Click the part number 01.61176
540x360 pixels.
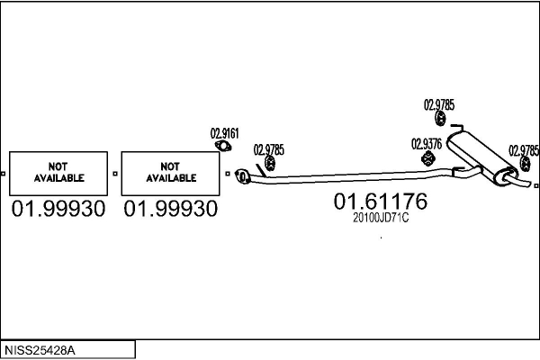coord(380,202)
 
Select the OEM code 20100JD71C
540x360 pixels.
coord(380,219)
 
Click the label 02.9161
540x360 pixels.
coord(224,133)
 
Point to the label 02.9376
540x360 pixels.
coord(426,143)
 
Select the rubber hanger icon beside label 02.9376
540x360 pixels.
coord(428,159)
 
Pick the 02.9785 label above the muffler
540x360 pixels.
coord(439,104)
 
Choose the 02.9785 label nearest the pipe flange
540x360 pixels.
coord(268,149)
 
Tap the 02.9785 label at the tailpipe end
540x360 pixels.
coord(524,150)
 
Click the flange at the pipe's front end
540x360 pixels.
coord(241,177)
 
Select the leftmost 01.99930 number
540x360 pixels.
coord(58,209)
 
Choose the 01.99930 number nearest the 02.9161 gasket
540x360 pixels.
coord(170,209)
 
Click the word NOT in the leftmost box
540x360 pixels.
coord(58,166)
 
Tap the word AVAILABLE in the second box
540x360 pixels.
coord(170,178)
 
